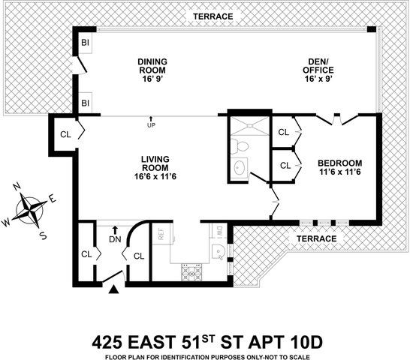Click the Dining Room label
(x=152, y=67)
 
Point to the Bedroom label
(x=339, y=167)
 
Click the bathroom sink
(x=240, y=167)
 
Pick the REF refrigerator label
(x=160, y=233)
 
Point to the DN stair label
(x=114, y=240)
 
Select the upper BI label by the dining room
(x=85, y=45)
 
